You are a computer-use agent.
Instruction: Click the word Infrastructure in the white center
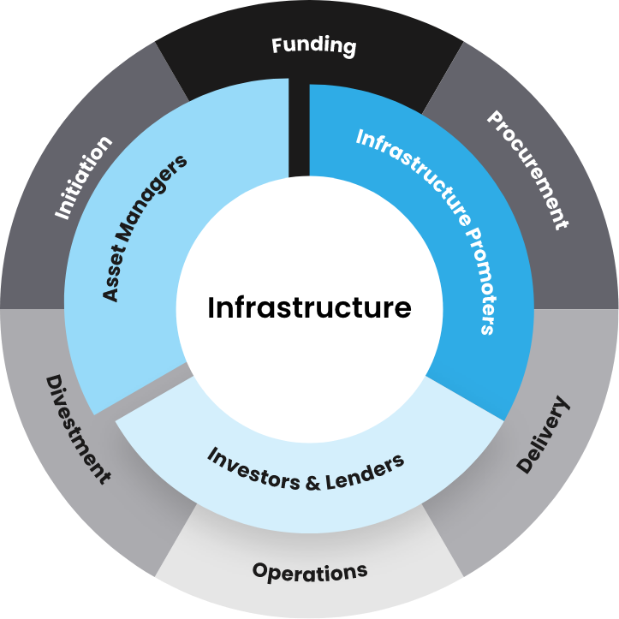click(x=309, y=307)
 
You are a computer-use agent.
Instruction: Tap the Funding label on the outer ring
click(x=313, y=45)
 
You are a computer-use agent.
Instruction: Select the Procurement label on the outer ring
click(x=527, y=169)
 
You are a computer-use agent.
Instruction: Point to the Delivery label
click(x=543, y=435)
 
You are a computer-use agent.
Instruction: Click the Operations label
click(x=310, y=570)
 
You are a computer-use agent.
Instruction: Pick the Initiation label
click(x=83, y=178)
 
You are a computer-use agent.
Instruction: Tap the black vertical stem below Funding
click(x=299, y=128)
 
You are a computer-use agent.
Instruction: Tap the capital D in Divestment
click(x=52, y=383)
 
